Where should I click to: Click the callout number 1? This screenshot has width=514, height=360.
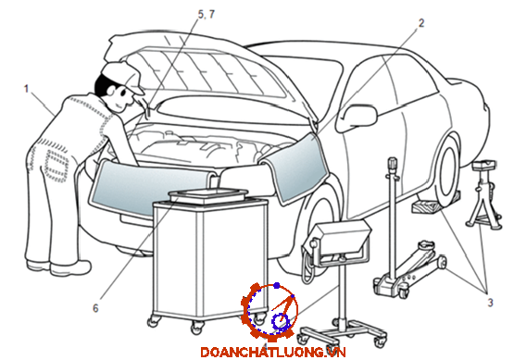(x=27, y=89)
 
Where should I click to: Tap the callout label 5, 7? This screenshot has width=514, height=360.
(x=207, y=15)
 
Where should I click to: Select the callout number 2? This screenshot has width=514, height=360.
(x=421, y=23)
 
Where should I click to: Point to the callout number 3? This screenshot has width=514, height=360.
(x=490, y=303)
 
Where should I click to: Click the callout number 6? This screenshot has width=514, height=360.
(x=95, y=308)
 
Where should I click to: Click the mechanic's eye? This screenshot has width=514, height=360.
(x=123, y=93)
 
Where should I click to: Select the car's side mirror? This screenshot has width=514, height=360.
(x=357, y=118)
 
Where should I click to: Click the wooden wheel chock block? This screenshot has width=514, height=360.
(x=435, y=202)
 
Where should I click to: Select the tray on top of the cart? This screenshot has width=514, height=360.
(x=208, y=195)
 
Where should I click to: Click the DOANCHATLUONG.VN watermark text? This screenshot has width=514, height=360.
(x=273, y=353)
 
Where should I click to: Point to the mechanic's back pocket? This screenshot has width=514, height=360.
(x=55, y=165)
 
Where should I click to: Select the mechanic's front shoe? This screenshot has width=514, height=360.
(x=69, y=268)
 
